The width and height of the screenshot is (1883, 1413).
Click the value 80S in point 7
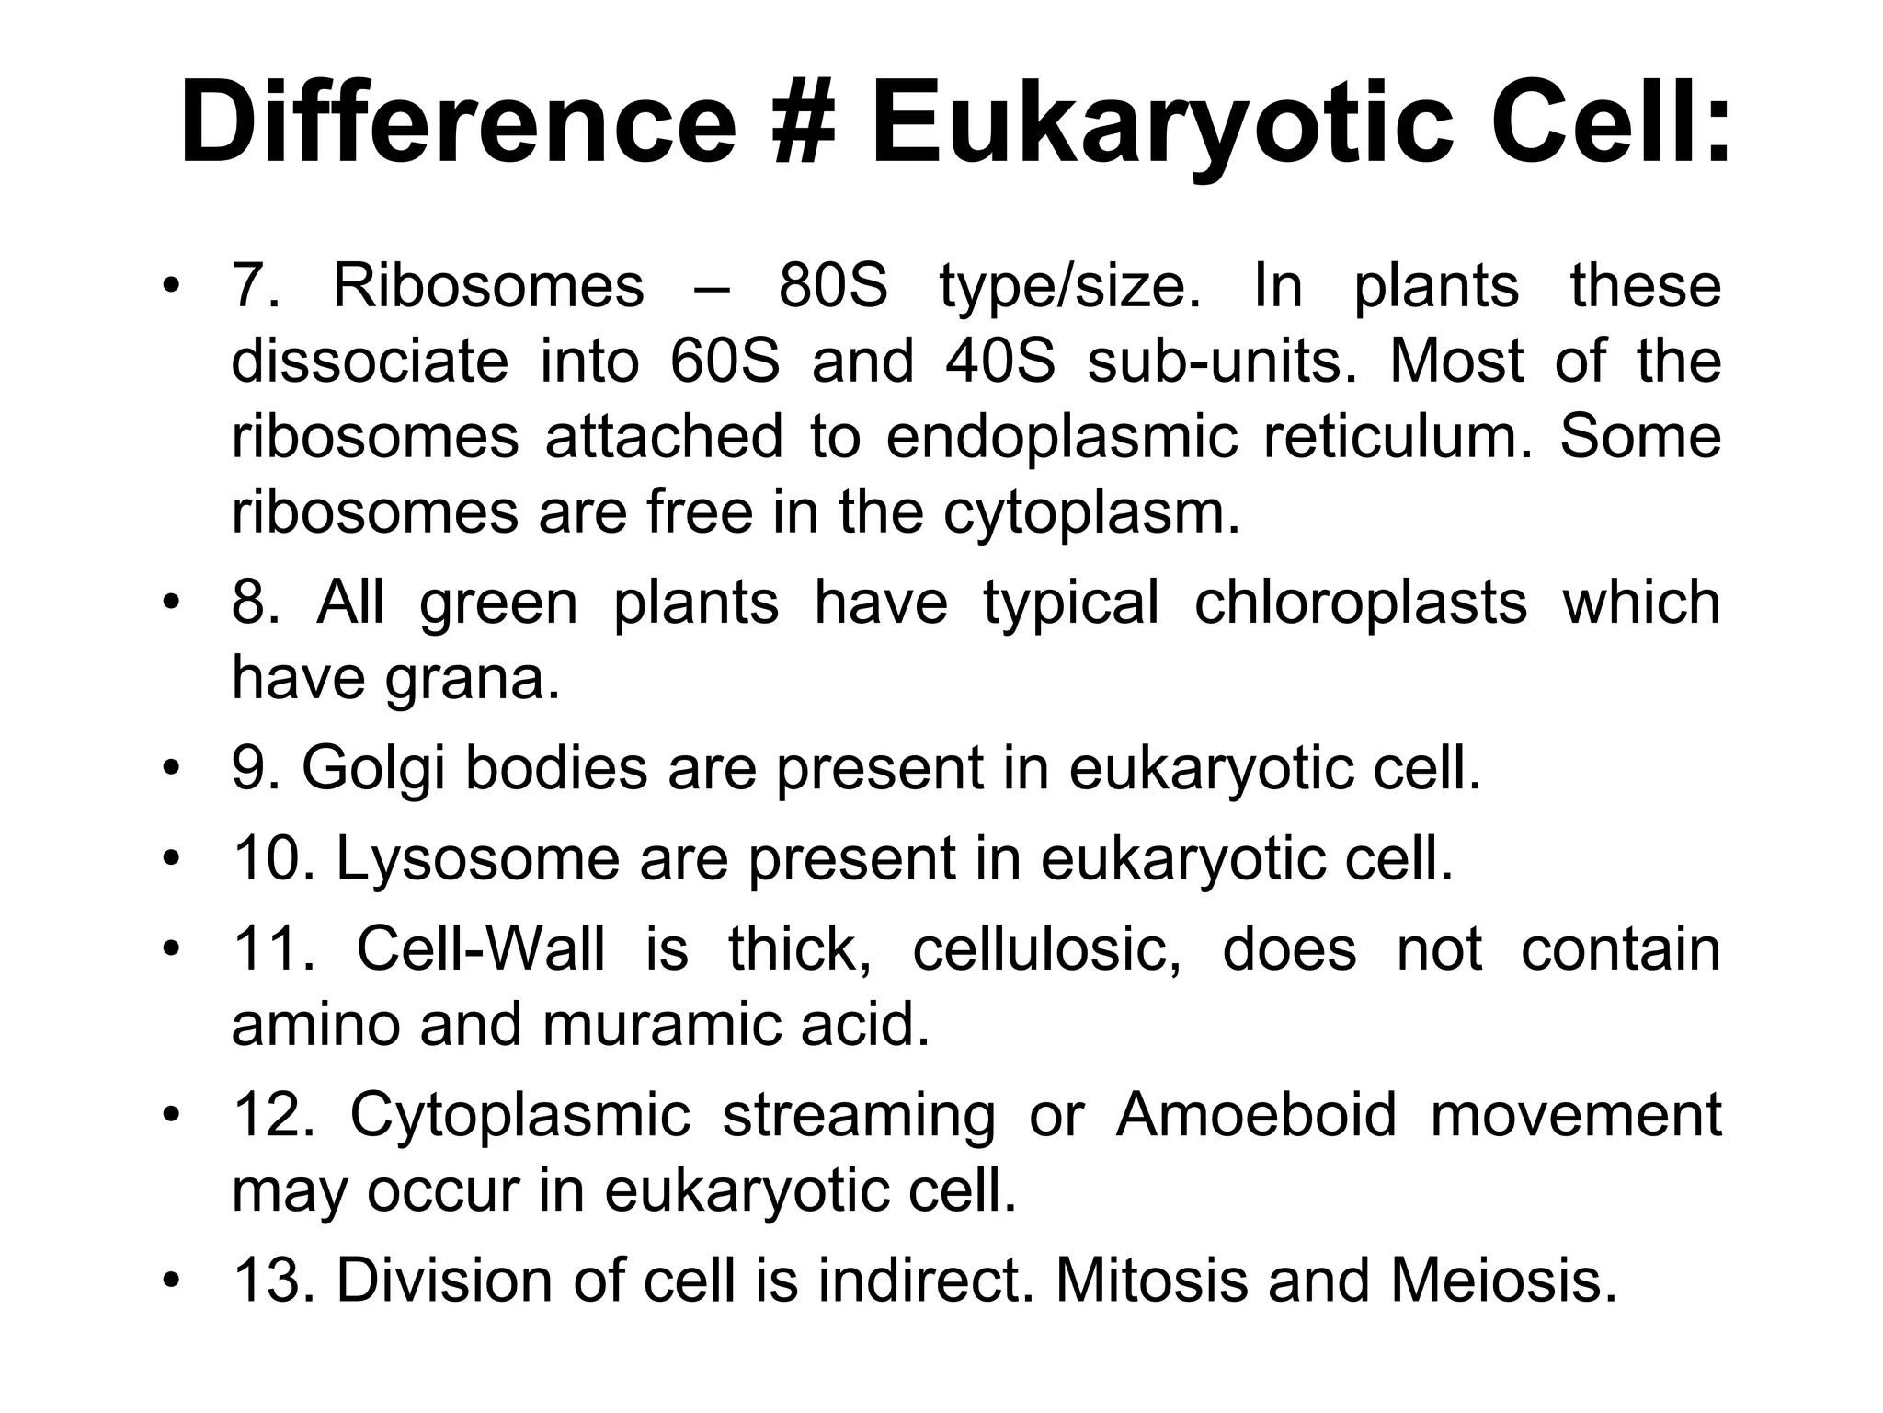pyautogui.click(x=833, y=286)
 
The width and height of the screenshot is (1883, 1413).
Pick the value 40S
pyautogui.click(x=1000, y=362)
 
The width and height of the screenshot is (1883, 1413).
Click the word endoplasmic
pyautogui.click(x=1062, y=437)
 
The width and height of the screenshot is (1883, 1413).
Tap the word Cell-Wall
pyautogui.click(x=481, y=949)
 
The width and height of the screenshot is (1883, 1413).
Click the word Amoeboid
pyautogui.click(x=1256, y=1115)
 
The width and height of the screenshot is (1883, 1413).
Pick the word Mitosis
pyautogui.click(x=1151, y=1280)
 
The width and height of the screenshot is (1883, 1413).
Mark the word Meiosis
pyautogui.click(x=1502, y=1280)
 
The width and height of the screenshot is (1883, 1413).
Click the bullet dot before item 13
pyautogui.click(x=169, y=1280)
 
